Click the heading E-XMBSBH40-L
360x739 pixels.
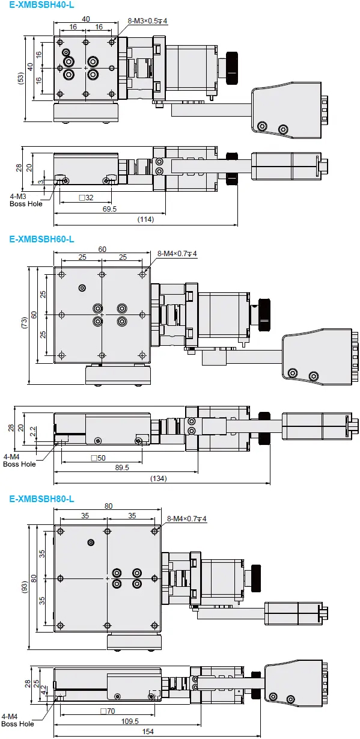click(x=42, y=5)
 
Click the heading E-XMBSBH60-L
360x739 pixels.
click(x=42, y=239)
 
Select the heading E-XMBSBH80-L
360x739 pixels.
click(x=42, y=499)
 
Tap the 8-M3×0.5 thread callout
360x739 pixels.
click(x=147, y=21)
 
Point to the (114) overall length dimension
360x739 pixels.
click(x=145, y=219)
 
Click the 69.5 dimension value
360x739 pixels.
click(x=109, y=209)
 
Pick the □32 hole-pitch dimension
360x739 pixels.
click(x=87, y=198)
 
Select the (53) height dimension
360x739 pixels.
click(x=21, y=79)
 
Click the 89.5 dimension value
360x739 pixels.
click(x=122, y=467)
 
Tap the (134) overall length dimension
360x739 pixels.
click(x=159, y=479)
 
